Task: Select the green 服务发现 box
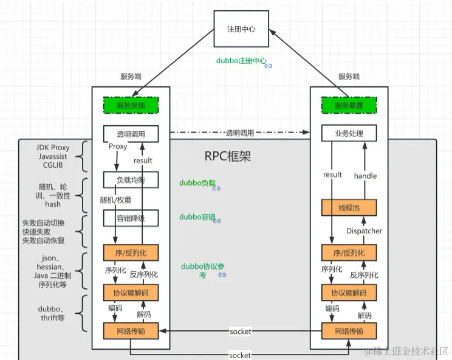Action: click(131, 105)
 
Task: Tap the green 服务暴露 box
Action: click(349, 105)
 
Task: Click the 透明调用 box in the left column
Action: click(131, 133)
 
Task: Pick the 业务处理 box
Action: click(349, 133)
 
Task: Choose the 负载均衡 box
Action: click(131, 181)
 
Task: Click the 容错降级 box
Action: click(131, 217)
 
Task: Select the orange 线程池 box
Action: click(349, 207)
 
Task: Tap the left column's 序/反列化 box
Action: click(131, 252)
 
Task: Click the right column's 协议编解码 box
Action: click(349, 292)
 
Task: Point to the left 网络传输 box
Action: click(131, 331)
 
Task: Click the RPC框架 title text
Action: click(228, 156)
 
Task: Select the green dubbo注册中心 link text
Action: click(241, 61)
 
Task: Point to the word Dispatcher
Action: click(365, 231)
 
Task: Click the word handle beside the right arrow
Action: click(365, 176)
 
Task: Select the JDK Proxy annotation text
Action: click(53, 148)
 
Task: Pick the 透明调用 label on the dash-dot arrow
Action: click(240, 133)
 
